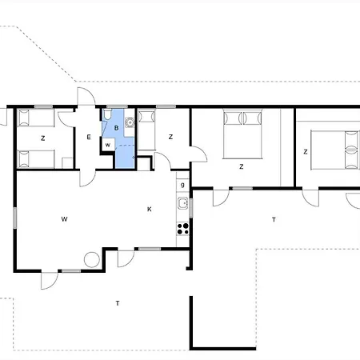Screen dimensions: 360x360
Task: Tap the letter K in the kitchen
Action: (149, 210)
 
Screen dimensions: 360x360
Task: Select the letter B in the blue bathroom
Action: (117, 126)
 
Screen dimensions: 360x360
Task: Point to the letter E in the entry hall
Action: (88, 137)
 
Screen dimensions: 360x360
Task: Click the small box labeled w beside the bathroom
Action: (108, 144)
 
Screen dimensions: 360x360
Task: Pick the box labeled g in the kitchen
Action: (182, 186)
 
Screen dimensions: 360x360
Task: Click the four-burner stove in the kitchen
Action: (182, 227)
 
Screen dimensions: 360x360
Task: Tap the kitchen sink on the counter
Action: (182, 205)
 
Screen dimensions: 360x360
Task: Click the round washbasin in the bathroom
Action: (129, 122)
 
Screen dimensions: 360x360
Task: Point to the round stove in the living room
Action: (92, 259)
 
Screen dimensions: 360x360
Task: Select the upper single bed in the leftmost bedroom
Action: (35, 119)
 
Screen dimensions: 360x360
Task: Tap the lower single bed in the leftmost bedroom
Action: (35, 157)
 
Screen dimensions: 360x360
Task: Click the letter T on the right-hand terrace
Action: (274, 218)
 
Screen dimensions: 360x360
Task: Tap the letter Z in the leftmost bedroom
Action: (42, 138)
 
